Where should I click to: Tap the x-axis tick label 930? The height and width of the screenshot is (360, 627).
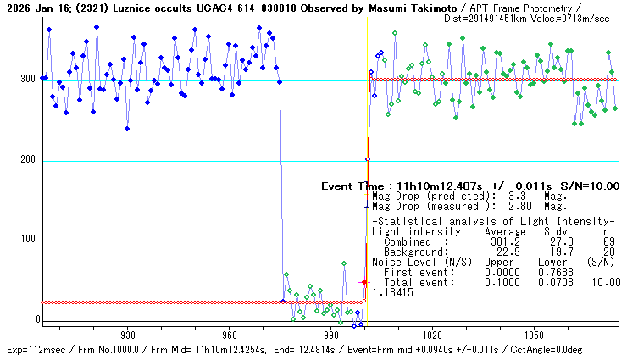tap(128, 335)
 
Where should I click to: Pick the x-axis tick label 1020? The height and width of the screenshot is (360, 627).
tap(432, 335)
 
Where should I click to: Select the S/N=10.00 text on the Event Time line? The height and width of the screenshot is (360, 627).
tap(591, 186)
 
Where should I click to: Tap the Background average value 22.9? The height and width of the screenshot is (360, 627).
tap(502, 252)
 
